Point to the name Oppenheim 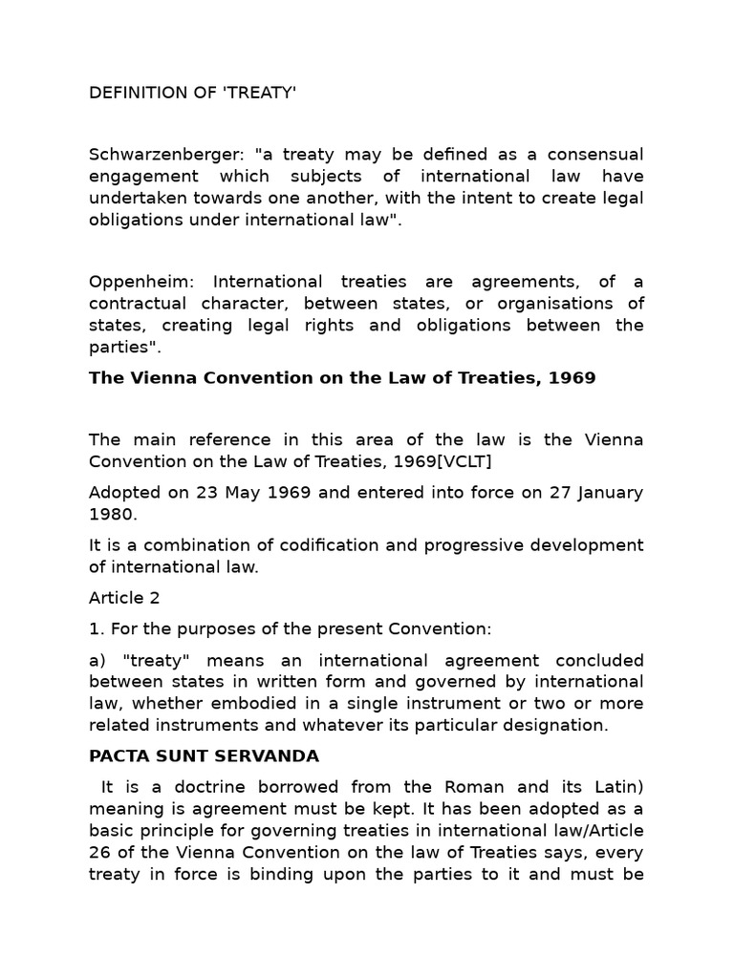[131, 282]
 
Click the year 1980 [111, 514]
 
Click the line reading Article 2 [124, 598]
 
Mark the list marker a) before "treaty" [97, 661]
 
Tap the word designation [560, 725]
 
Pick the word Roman [469, 788]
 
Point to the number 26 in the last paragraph [99, 852]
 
